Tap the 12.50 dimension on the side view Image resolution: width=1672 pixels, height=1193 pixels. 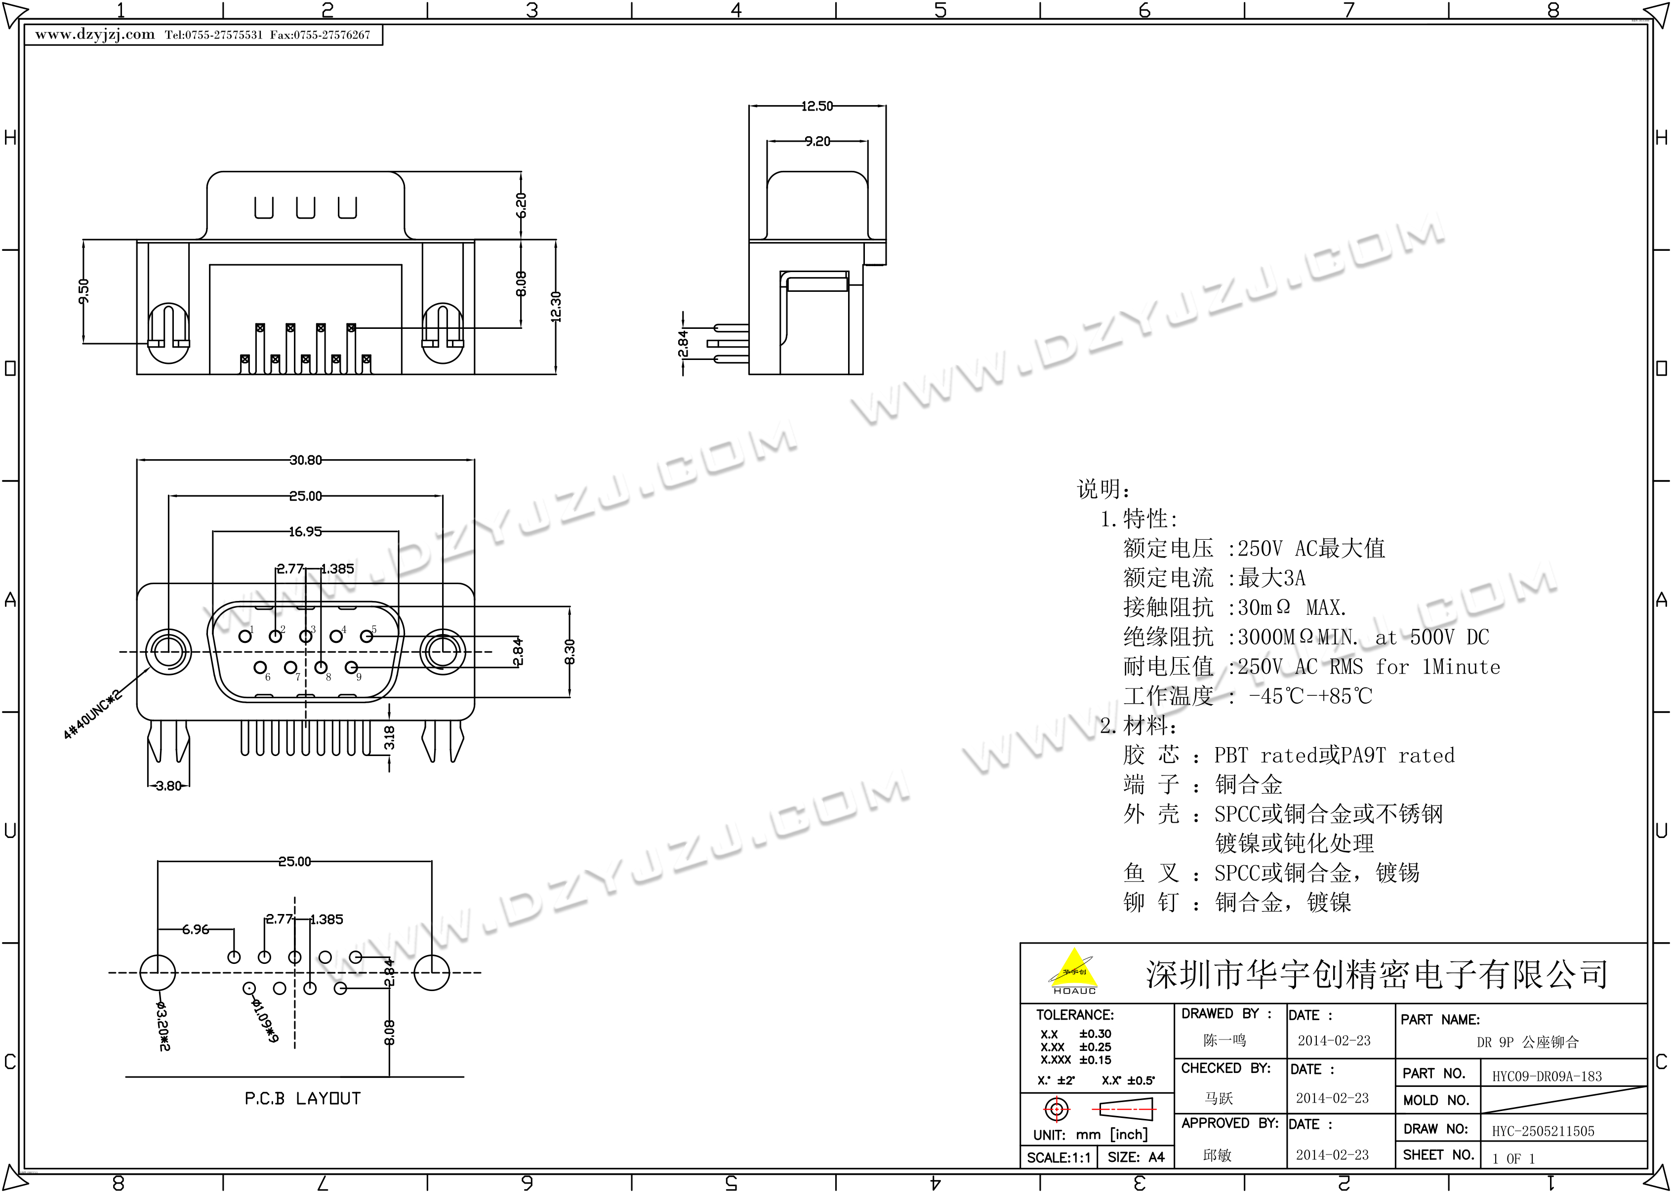[817, 107]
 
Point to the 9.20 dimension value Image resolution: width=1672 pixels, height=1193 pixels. [817, 141]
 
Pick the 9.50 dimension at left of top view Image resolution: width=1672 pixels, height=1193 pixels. [84, 291]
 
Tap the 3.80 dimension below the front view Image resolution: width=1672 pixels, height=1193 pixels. [168, 786]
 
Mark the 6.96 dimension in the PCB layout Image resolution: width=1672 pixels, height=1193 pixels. [196, 929]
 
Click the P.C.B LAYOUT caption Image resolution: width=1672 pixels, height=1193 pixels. [303, 1098]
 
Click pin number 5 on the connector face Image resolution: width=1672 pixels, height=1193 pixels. [374, 629]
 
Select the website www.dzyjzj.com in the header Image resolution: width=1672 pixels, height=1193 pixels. [95, 35]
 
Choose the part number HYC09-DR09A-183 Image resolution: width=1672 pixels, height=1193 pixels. [1547, 1076]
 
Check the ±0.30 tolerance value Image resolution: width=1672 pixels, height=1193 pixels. [1096, 1034]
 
